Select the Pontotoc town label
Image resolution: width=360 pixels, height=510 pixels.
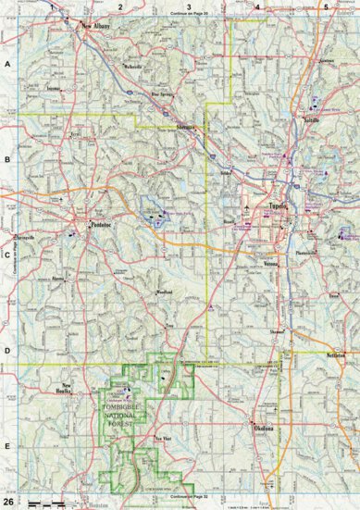[99, 223]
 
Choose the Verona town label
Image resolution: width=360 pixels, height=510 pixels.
[270, 263]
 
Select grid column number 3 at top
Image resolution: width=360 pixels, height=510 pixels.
[189, 6]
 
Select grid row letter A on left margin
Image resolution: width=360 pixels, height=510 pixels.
[7, 65]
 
